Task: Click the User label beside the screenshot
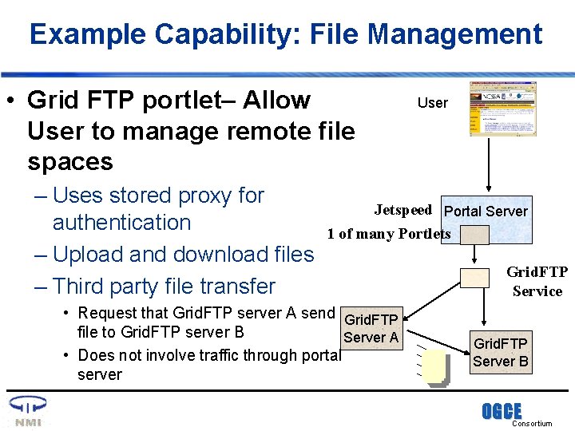point(433,103)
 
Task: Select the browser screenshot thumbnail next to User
point(502,109)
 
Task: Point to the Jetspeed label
point(403,210)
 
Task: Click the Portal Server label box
point(485,211)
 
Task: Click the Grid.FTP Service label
point(537,282)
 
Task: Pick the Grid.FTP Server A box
point(371,328)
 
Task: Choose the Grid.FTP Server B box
point(501,352)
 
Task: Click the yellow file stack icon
point(435,368)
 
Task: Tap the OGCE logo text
point(501,412)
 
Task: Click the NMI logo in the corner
point(27,412)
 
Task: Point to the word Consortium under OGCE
point(532,424)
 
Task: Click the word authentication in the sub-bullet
point(121,223)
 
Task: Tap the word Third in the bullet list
point(83,287)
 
